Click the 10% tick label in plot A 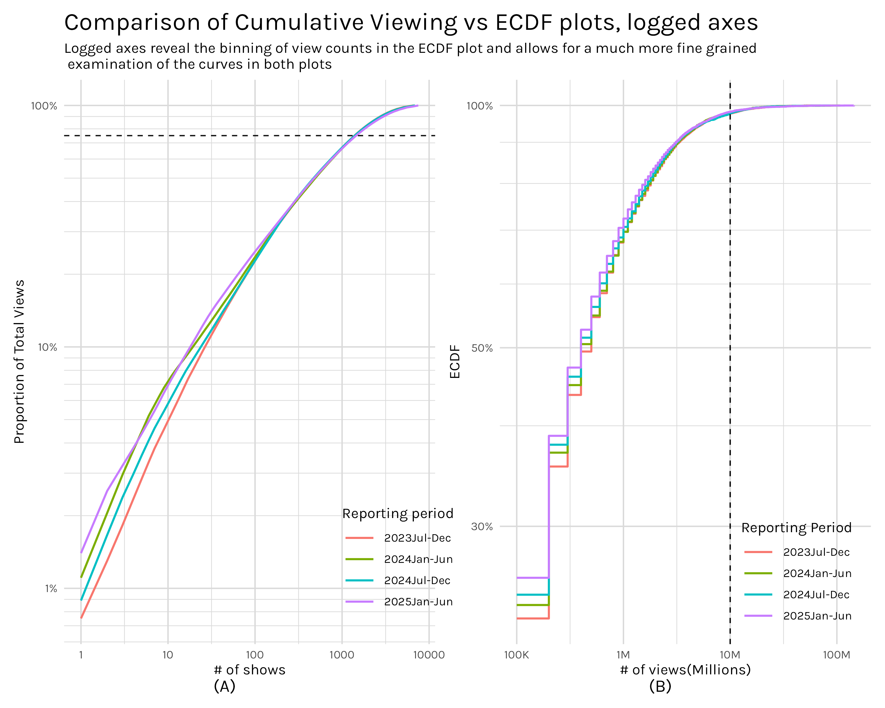[x=47, y=347]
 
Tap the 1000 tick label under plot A [x=342, y=655]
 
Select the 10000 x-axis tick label [x=429, y=655]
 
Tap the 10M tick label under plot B [x=730, y=655]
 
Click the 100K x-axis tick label [x=516, y=655]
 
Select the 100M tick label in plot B [x=836, y=655]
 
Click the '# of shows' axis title [x=250, y=670]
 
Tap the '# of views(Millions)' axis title [x=685, y=670]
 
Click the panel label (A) [x=224, y=686]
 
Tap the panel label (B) [x=660, y=686]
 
